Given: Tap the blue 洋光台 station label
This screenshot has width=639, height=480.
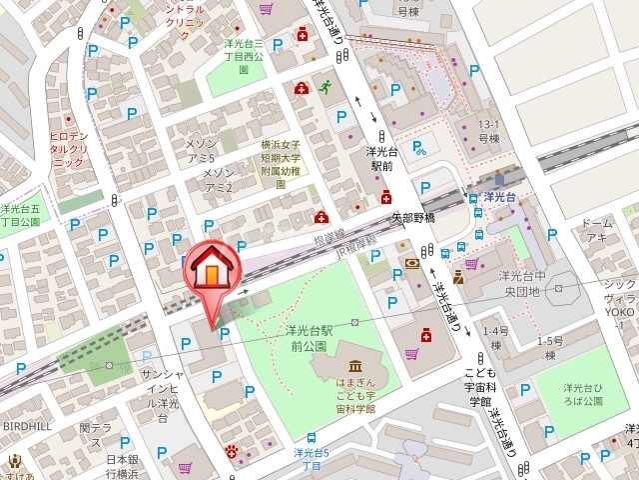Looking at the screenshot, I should pos(497,197).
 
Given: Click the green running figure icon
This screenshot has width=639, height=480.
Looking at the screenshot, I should pos(324,88).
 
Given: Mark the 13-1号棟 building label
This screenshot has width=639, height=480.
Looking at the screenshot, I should pos(488,131).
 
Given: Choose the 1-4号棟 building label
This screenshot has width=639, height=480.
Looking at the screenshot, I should pos(496,338).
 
